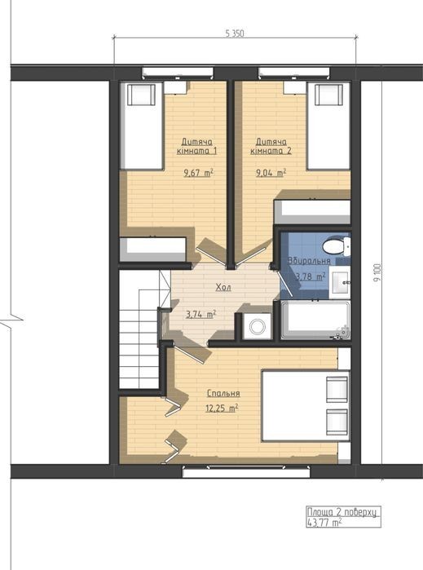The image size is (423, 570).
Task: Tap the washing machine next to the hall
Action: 257,325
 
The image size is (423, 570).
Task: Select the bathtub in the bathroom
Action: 315,320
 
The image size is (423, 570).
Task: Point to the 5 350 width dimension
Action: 235,33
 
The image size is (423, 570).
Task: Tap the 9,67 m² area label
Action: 198,173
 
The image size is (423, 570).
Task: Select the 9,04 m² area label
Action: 271,173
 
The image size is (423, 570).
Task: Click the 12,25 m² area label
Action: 222,408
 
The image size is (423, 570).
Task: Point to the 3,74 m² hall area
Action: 201,315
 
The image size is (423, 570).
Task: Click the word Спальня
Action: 223,393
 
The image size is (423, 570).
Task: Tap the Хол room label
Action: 223,288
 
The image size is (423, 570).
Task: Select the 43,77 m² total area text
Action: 324,523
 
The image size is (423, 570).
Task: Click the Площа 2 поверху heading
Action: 342,512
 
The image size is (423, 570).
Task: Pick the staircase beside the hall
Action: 141,329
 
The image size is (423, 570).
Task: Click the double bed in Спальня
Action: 306,406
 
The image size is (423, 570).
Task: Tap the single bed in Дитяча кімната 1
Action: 142,126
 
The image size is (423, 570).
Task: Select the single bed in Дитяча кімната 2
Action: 328,126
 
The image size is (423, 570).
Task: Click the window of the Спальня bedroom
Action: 246,472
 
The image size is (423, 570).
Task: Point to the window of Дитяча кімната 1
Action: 178,72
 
